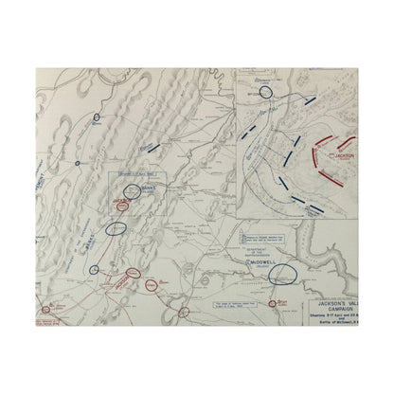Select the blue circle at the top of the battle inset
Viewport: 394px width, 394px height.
tap(263, 92)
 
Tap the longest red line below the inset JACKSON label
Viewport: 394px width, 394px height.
tap(329, 177)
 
